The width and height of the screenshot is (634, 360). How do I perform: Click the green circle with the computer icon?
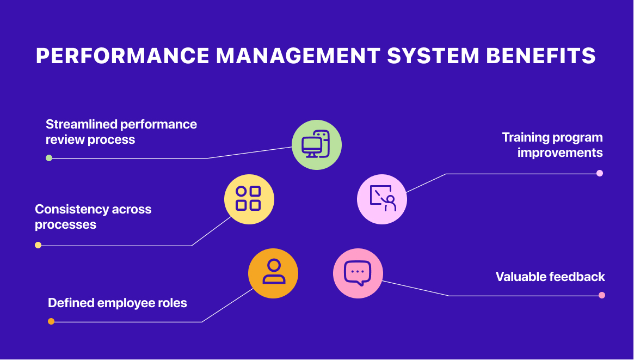click(317, 145)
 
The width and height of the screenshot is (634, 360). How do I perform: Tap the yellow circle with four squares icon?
click(249, 199)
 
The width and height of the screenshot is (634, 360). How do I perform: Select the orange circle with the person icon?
click(273, 273)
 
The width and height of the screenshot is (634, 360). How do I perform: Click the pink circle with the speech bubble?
click(358, 273)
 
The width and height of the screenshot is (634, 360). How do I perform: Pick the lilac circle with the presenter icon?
click(382, 199)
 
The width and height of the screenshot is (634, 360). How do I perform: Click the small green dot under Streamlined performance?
click(49, 158)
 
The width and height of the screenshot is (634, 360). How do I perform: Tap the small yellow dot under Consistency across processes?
click(38, 245)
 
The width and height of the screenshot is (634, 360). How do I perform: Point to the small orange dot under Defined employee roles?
click(51, 321)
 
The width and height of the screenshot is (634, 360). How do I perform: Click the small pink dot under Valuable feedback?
click(602, 295)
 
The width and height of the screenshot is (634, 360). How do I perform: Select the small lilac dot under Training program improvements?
click(600, 173)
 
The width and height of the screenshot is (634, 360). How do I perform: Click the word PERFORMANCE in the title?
click(122, 56)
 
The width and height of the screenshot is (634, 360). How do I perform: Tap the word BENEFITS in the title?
click(541, 56)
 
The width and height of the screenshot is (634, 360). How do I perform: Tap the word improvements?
click(560, 153)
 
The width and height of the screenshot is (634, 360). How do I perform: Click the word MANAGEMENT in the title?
click(298, 56)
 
